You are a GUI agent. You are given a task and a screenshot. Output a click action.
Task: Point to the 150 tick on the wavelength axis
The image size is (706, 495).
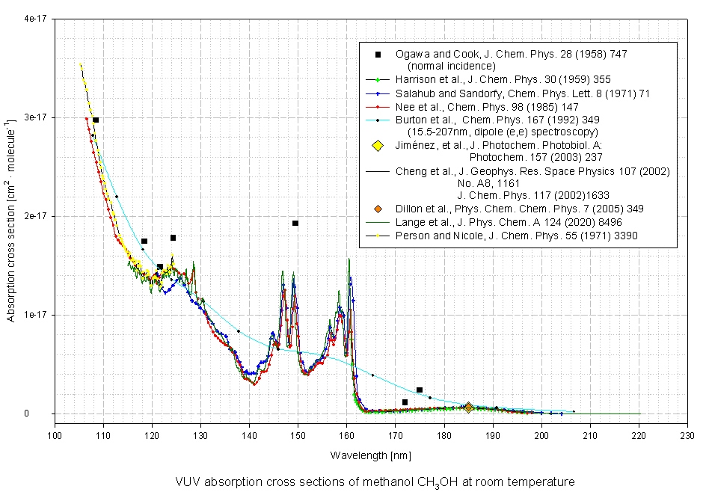pos(298,433)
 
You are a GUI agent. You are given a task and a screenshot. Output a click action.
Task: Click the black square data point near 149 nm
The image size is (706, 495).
pos(295,223)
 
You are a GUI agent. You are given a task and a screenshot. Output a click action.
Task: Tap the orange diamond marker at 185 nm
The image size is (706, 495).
pos(468,408)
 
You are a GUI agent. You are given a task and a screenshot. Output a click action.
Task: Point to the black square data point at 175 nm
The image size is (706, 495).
pos(420,390)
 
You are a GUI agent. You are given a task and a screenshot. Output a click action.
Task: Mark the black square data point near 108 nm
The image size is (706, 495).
pos(96,120)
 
